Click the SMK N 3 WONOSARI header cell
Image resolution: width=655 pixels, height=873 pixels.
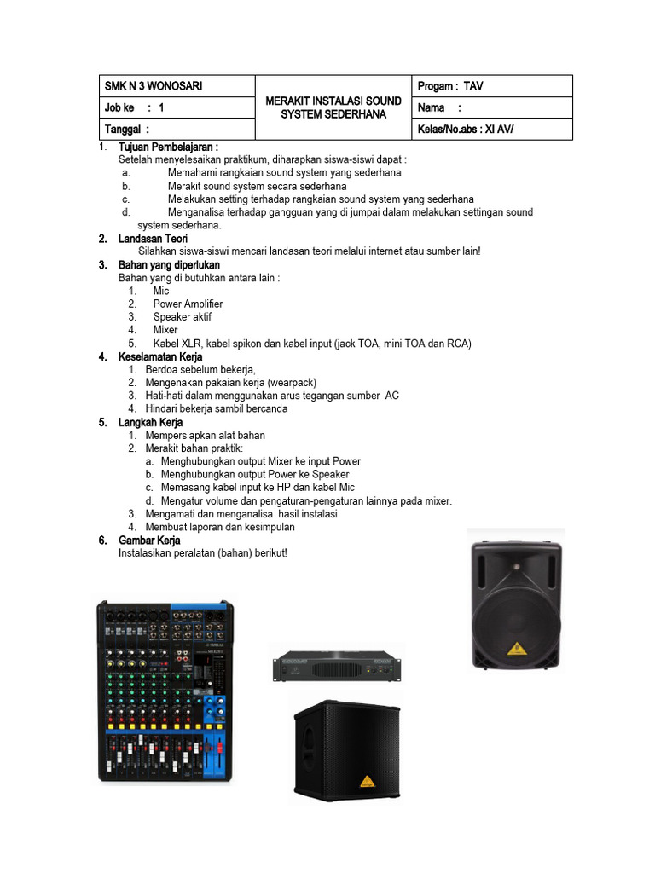click(x=154, y=86)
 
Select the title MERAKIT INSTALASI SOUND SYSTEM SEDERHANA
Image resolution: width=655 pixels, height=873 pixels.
click(x=333, y=107)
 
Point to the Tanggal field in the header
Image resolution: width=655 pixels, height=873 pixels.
click(x=126, y=130)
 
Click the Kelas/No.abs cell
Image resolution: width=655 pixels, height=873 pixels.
click(x=466, y=130)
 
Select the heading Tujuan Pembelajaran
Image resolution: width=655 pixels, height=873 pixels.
click(x=168, y=147)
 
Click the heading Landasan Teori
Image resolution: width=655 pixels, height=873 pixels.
click(x=153, y=239)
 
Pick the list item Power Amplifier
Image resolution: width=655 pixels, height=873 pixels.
click(x=188, y=304)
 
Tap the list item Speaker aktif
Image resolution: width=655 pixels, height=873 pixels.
click(x=182, y=316)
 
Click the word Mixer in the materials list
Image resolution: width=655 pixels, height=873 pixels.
click(x=165, y=330)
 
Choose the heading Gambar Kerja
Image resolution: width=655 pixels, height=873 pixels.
click(x=149, y=541)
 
